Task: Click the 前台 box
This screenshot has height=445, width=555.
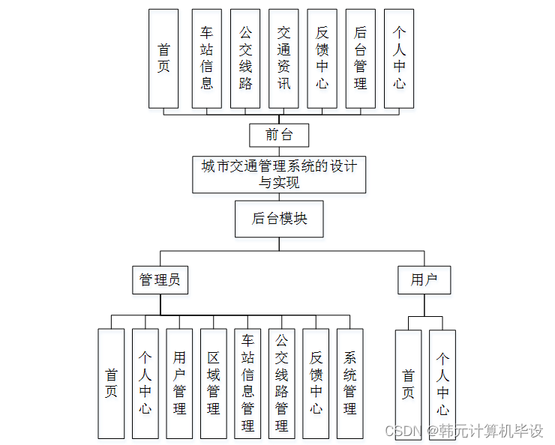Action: point(279,135)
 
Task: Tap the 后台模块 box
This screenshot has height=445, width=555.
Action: point(279,219)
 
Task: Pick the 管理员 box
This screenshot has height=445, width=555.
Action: point(160,280)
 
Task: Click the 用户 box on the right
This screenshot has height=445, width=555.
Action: point(424,280)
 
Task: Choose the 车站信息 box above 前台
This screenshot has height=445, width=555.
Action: point(207,58)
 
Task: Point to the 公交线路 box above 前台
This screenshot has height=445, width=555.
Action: point(245,58)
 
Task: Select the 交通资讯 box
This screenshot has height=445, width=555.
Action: point(283,58)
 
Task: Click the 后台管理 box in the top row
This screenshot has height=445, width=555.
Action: point(360,58)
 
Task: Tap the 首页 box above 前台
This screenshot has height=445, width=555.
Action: point(163,58)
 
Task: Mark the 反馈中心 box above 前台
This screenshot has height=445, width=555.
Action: point(322,58)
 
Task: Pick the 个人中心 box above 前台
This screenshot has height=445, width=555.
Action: point(399,58)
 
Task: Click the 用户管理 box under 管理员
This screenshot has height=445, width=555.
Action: point(179,383)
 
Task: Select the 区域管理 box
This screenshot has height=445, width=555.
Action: point(213,383)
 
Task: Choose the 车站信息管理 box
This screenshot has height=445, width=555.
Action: point(247,383)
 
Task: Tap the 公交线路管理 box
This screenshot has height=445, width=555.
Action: point(281,383)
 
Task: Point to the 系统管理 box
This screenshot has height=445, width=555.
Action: point(349,383)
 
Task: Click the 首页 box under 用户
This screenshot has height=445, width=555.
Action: point(408,384)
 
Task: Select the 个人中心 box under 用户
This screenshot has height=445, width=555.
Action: point(442,384)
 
